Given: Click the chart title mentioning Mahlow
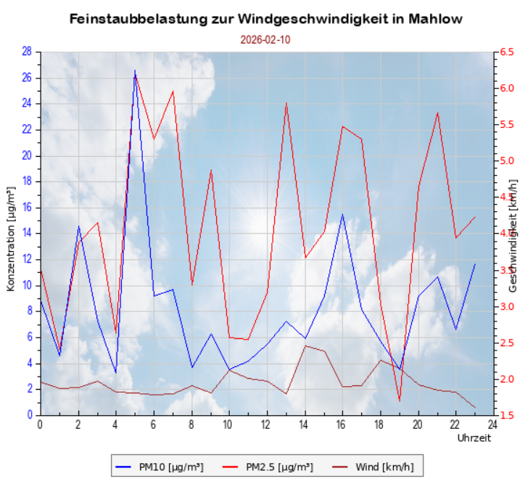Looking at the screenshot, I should pos(265,19).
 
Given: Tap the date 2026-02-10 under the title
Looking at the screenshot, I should pos(265,40).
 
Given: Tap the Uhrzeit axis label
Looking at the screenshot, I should pos(474,438).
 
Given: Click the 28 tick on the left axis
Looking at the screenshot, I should pos(27,52).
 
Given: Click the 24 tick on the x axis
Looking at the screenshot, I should pos(492,424).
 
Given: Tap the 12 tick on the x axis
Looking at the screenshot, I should pos(266,424).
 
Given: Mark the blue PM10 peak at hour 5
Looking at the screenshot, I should pos(135,71).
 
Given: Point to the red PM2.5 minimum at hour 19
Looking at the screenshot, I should pos(400,400).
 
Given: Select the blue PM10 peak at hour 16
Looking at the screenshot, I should pos(343,214).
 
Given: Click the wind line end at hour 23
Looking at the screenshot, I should pos(475,408).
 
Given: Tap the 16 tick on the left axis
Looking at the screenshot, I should pos(27,208).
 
